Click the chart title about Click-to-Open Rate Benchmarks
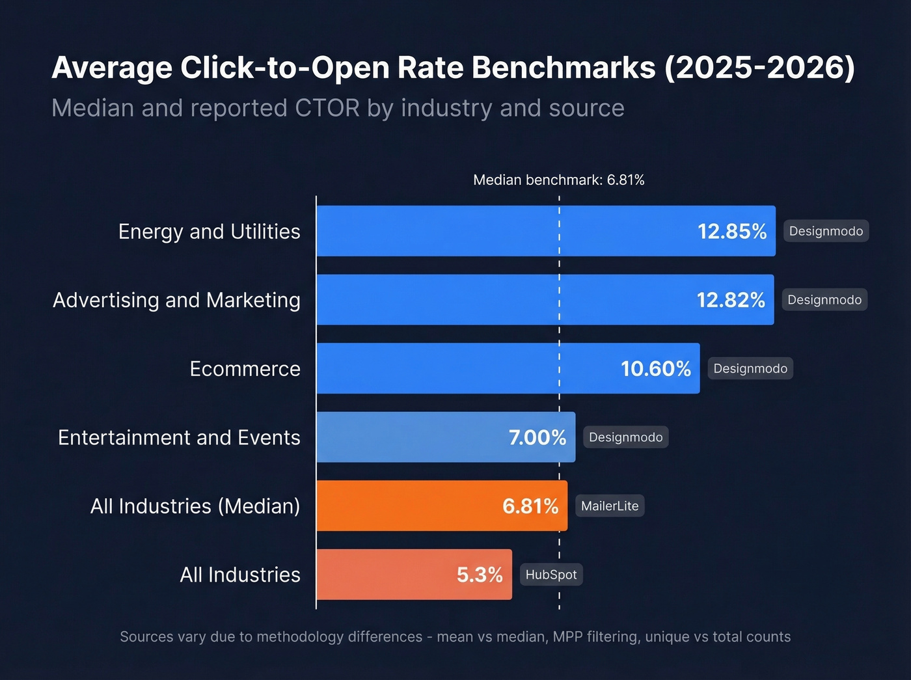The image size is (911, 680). click(453, 68)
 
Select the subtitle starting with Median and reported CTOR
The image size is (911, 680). click(338, 108)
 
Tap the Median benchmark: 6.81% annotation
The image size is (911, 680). click(558, 180)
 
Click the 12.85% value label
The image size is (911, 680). click(731, 232)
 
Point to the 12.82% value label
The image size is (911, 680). click(730, 300)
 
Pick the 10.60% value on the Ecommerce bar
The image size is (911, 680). click(655, 369)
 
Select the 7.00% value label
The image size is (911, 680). click(537, 437)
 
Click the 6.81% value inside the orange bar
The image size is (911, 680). click(530, 506)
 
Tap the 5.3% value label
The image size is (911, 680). click(479, 575)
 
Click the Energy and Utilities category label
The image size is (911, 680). click(209, 232)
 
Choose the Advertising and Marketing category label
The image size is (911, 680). click(176, 300)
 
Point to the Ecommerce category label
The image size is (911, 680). click(245, 369)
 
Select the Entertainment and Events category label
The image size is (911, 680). click(179, 437)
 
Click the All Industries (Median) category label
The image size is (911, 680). click(195, 506)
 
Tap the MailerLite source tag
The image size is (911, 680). click(609, 506)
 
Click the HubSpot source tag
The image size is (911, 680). click(551, 575)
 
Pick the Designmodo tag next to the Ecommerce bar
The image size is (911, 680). click(750, 369)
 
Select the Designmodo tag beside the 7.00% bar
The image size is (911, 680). click(625, 437)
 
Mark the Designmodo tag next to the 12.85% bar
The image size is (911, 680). click(825, 232)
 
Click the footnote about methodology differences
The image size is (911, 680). click(455, 637)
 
